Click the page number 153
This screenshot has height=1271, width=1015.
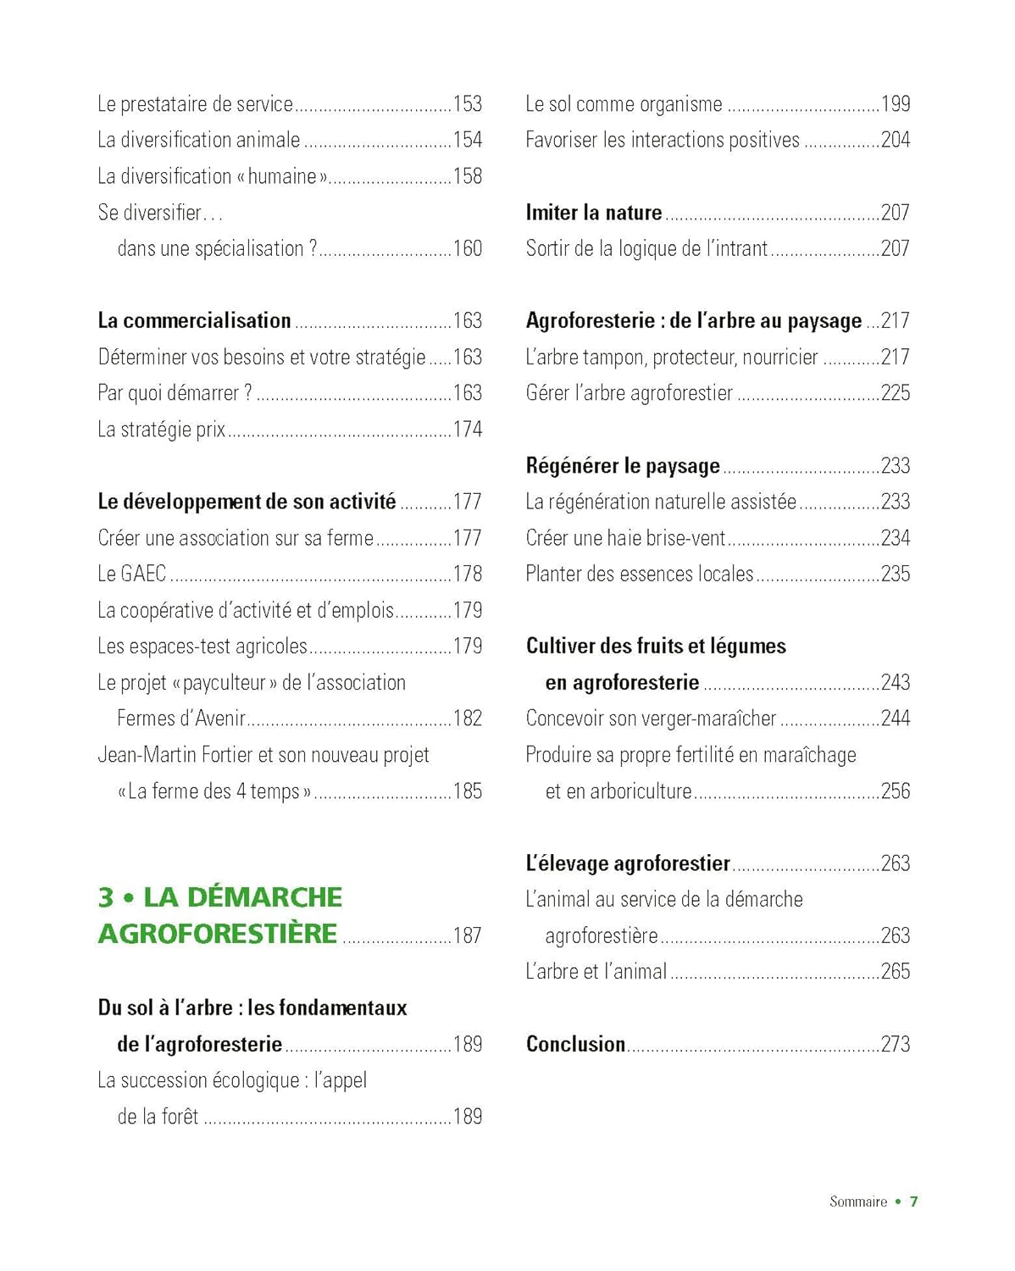pyautogui.click(x=468, y=104)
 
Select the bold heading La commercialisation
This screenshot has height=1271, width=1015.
pyautogui.click(x=194, y=321)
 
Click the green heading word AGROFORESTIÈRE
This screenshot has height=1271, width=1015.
pyautogui.click(x=218, y=934)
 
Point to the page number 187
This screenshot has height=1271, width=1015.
pyautogui.click(x=468, y=935)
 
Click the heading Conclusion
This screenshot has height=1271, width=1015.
pyautogui.click(x=575, y=1044)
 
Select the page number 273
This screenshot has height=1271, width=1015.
pyautogui.click(x=896, y=1044)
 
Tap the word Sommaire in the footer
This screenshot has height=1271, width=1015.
pyautogui.click(x=858, y=1202)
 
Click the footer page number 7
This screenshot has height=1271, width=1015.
pyautogui.click(x=913, y=1202)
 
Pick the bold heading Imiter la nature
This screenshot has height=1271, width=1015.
pyautogui.click(x=593, y=213)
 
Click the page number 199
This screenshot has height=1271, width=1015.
pyautogui.click(x=896, y=104)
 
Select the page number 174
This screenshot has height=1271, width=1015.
pyautogui.click(x=468, y=430)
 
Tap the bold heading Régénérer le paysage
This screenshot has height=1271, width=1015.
pyautogui.click(x=623, y=466)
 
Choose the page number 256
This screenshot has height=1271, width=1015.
pyautogui.click(x=896, y=791)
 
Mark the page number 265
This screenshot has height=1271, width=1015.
pyautogui.click(x=896, y=972)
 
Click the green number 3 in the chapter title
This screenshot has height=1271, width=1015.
pyautogui.click(x=106, y=897)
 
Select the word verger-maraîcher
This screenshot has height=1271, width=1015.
pyautogui.click(x=709, y=719)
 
